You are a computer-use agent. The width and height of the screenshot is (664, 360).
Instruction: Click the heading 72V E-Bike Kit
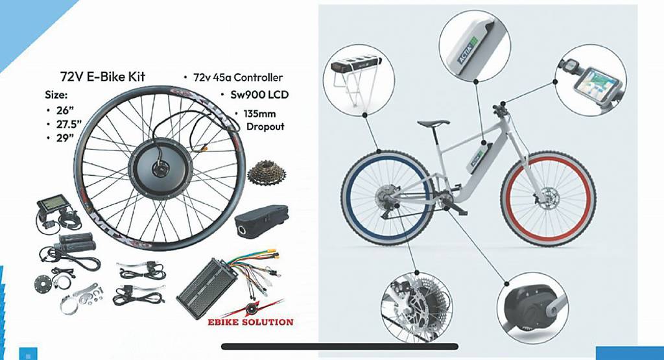pos(103,77)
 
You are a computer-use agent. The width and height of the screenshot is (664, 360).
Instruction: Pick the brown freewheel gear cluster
pos(267,173)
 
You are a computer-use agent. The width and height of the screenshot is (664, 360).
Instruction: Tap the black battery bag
pos(261,219)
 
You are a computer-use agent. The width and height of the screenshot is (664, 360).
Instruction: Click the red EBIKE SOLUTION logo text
pos(250,322)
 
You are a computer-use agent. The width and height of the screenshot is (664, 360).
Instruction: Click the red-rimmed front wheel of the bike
pos(548,199)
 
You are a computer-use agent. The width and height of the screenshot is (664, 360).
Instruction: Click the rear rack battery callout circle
pos(359,80)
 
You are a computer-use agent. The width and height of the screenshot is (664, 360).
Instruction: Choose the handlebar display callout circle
pos(590,80)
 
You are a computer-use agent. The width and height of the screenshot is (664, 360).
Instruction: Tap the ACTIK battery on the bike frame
pos(479,158)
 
